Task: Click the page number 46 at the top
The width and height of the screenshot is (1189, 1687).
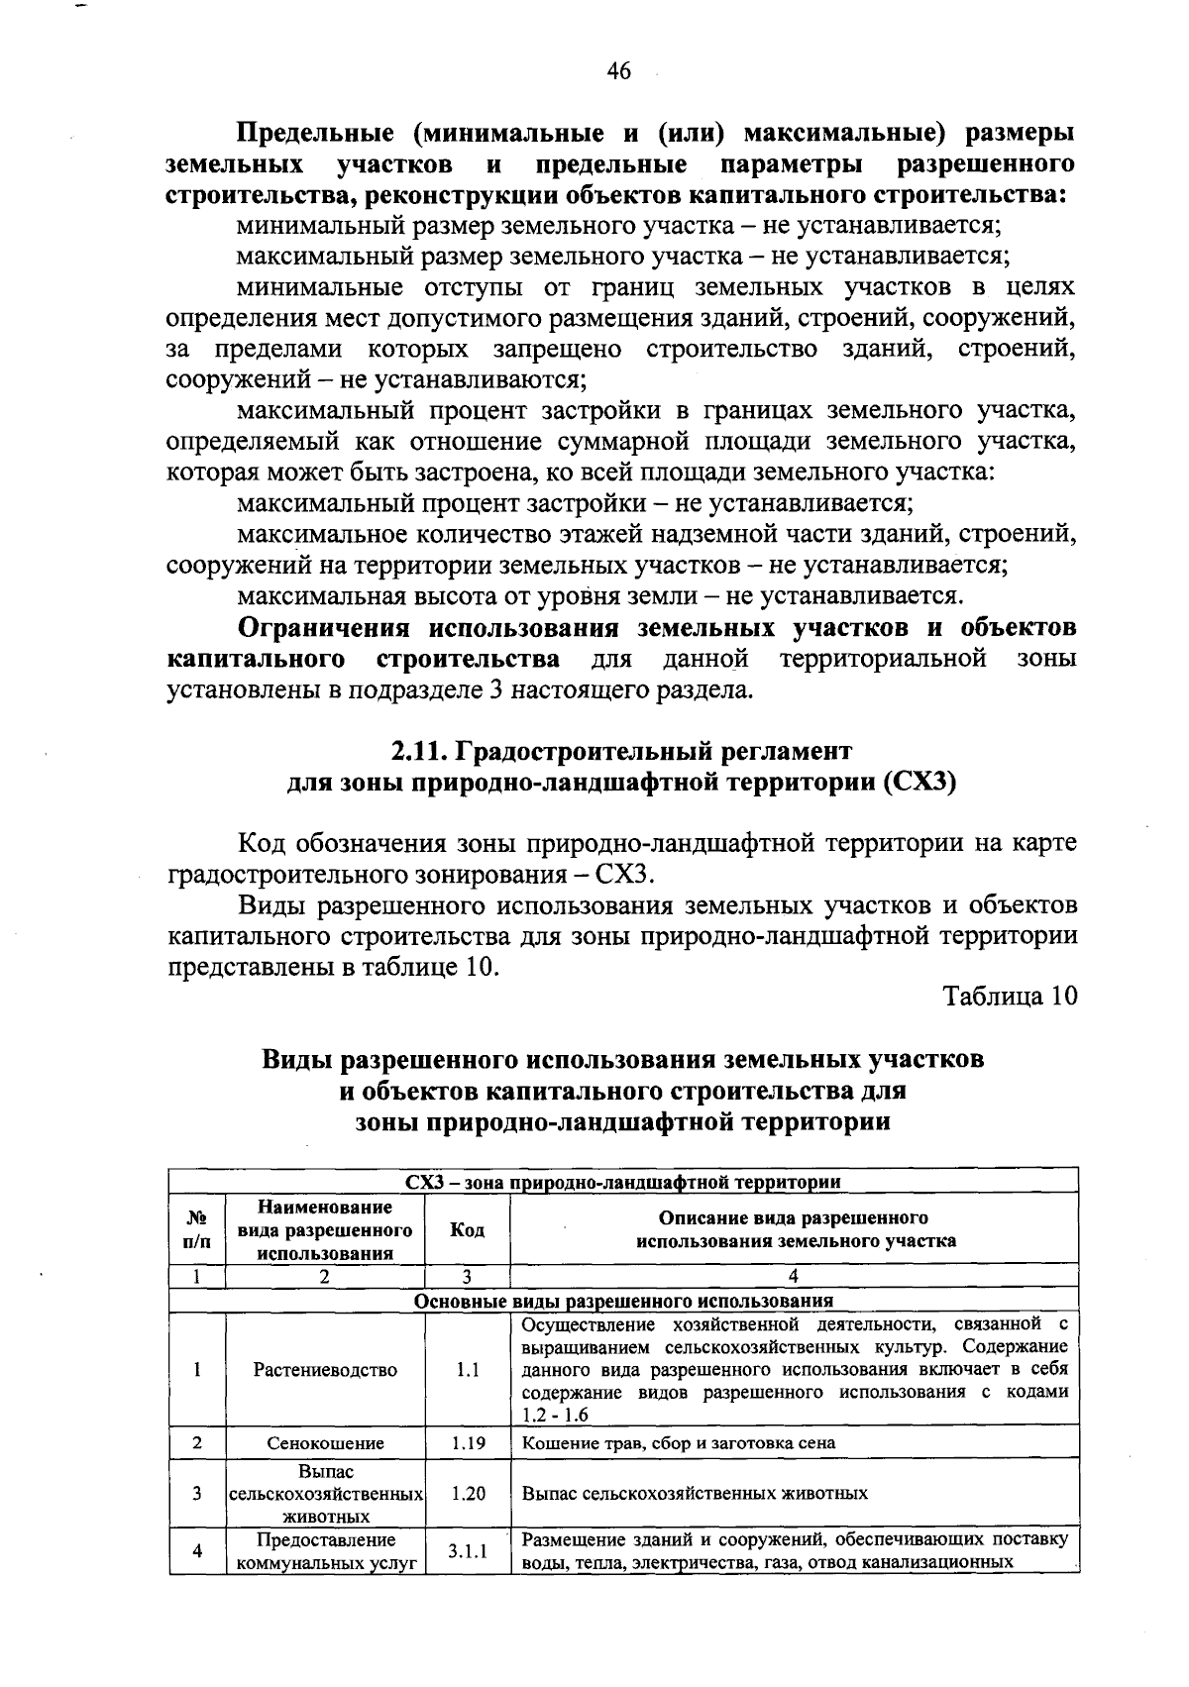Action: (618, 71)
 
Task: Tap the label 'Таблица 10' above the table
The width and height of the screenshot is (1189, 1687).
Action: (1010, 996)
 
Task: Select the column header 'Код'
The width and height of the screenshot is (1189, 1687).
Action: (467, 1230)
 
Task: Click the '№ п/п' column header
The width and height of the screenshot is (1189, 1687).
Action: (197, 1230)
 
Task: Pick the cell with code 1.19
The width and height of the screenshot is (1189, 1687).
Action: (467, 1443)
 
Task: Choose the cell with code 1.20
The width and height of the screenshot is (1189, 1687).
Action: (467, 1493)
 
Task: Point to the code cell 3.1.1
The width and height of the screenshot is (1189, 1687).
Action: (467, 1552)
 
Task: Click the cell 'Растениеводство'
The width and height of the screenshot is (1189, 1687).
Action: (325, 1370)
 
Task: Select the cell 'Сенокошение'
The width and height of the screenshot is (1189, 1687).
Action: (325, 1443)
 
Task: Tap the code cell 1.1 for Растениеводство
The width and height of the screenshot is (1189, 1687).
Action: (467, 1370)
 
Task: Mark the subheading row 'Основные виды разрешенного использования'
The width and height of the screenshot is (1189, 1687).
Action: (622, 1301)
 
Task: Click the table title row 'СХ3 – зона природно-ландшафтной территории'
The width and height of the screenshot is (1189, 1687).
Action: (622, 1182)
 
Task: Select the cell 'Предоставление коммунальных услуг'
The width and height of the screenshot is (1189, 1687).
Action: (325, 1552)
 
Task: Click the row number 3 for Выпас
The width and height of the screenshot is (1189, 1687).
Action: (197, 1493)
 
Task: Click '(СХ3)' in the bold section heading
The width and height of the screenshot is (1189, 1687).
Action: (919, 782)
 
